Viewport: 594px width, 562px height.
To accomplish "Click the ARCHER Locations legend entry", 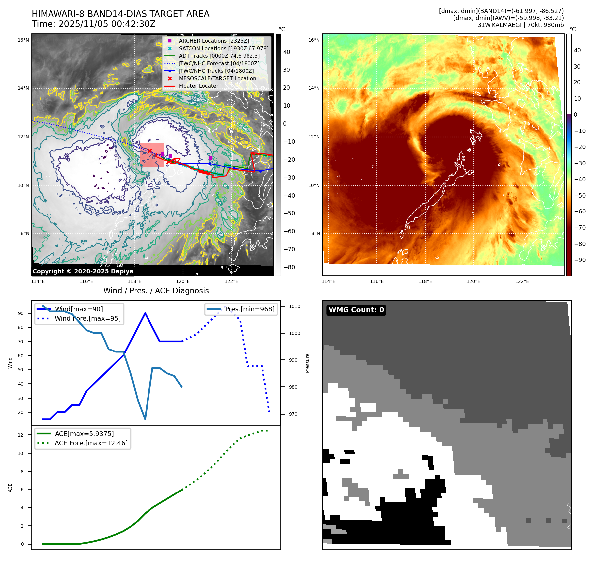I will [x=214, y=41].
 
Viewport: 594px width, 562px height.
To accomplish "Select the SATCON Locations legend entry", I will [x=223, y=48].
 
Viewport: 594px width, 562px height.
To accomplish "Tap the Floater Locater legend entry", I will [x=198, y=86].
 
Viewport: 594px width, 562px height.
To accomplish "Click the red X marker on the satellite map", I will [x=150, y=151].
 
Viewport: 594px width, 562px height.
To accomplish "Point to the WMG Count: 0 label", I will [x=356, y=310].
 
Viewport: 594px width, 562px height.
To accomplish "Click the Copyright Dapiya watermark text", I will [x=83, y=271].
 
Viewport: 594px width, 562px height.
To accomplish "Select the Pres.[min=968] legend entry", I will [x=249, y=309].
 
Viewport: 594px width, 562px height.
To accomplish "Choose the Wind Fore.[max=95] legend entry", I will [x=87, y=319].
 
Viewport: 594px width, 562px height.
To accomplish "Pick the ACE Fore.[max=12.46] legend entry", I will [x=91, y=443].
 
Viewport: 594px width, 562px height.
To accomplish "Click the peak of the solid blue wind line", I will [x=145, y=313].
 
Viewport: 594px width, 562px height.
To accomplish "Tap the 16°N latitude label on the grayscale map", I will [x=23, y=40].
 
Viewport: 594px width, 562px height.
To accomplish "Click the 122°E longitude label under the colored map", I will [x=522, y=282].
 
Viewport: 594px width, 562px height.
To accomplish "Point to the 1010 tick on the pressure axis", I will [x=294, y=307].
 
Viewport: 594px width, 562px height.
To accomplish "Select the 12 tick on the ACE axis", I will [x=21, y=435].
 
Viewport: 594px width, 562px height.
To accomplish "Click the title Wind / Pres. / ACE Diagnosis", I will [x=156, y=291].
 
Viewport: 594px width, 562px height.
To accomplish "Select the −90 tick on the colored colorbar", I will [x=580, y=260].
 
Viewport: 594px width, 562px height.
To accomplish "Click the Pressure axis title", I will [x=308, y=363].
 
